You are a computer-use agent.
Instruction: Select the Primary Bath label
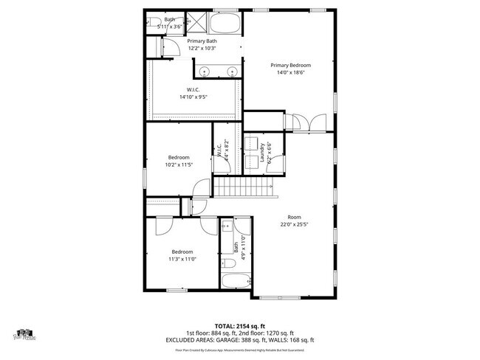point(202,41)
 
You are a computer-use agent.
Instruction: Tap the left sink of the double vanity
point(204,72)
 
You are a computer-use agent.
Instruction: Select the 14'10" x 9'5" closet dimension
point(193,97)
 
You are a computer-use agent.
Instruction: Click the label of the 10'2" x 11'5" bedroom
point(179,157)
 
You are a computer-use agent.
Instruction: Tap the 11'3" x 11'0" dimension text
point(182,259)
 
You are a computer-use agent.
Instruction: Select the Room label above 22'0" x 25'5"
point(294,217)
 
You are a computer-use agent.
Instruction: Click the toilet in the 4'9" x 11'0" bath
point(229,262)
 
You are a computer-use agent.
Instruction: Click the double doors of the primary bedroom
point(305,122)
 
